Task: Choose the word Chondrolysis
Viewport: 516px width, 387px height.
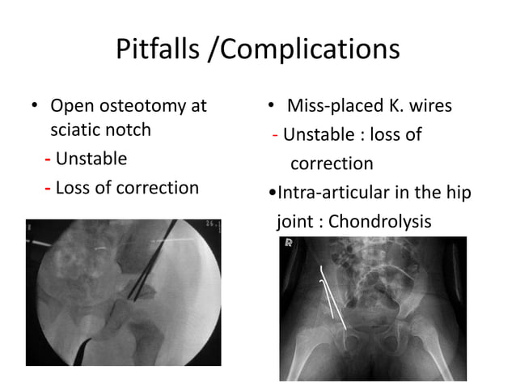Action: pyautogui.click(x=380, y=220)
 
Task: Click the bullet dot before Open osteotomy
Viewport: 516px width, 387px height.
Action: pyautogui.click(x=34, y=107)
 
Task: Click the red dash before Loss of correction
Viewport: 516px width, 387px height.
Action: pyautogui.click(x=49, y=188)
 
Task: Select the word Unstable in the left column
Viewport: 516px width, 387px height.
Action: pyautogui.click(x=91, y=159)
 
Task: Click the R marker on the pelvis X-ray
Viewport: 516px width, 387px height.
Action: pyautogui.click(x=287, y=243)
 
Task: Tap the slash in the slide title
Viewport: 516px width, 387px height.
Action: pyautogui.click(x=214, y=49)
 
